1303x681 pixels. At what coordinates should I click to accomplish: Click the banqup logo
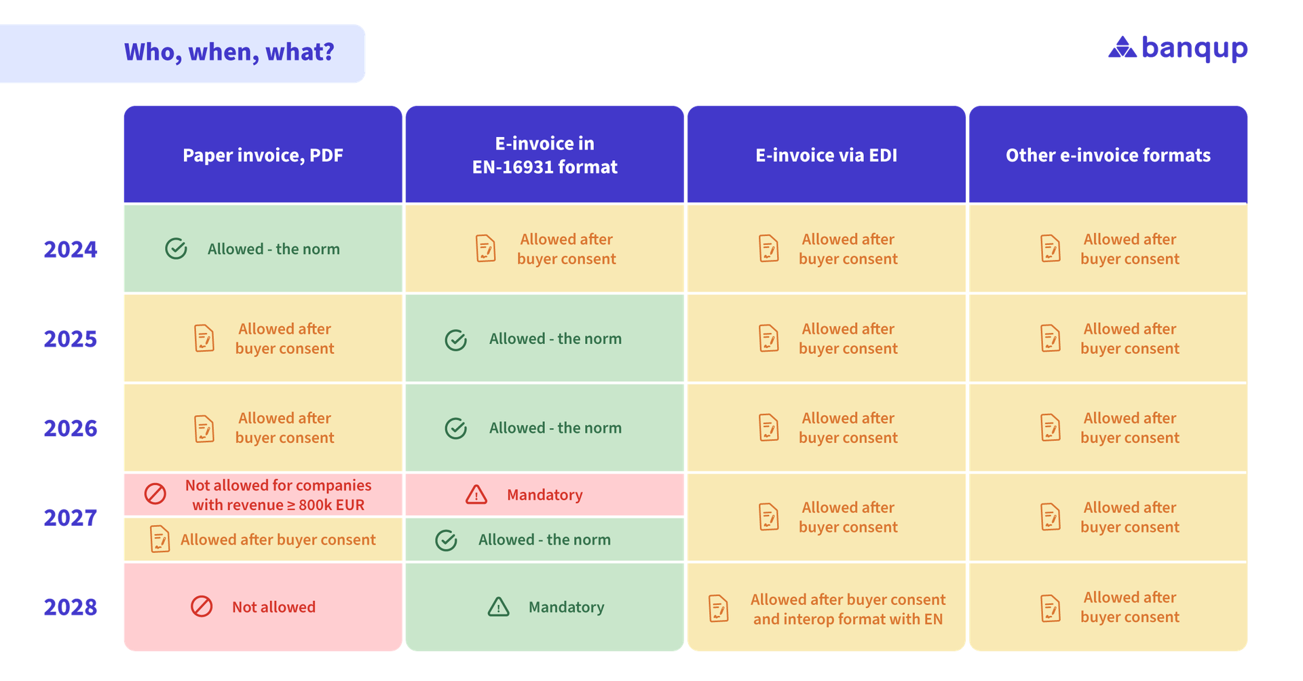click(x=1178, y=49)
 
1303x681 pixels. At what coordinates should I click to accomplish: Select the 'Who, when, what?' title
click(x=229, y=52)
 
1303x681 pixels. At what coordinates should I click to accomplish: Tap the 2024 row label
click(x=71, y=250)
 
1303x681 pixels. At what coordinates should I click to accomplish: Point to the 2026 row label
click(x=71, y=428)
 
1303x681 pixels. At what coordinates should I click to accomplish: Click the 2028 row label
click(x=71, y=607)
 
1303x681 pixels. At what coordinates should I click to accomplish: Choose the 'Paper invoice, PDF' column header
click(x=263, y=155)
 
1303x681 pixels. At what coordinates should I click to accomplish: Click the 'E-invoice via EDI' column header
click(x=826, y=155)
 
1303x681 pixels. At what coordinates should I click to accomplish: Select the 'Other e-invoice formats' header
click(x=1108, y=155)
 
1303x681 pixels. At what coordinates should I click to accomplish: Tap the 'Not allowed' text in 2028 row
click(x=273, y=607)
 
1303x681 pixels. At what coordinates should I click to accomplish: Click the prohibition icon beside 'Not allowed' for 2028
click(x=202, y=606)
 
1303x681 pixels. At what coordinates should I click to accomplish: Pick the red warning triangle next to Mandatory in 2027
click(x=476, y=494)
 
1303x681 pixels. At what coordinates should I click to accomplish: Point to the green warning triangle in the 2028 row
click(x=499, y=606)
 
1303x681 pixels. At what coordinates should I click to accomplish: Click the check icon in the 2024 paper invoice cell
click(x=176, y=249)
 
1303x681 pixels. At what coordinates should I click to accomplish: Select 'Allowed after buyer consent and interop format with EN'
click(x=848, y=609)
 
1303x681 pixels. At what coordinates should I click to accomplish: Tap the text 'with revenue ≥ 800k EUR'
click(x=278, y=505)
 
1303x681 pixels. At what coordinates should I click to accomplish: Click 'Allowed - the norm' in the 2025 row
click(x=555, y=338)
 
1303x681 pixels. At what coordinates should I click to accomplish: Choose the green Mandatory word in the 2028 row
click(x=566, y=607)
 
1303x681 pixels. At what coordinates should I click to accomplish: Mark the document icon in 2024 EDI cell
click(x=768, y=248)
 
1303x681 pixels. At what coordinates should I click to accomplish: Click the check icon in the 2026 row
click(x=456, y=428)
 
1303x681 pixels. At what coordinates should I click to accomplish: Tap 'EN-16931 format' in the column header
click(x=544, y=168)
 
